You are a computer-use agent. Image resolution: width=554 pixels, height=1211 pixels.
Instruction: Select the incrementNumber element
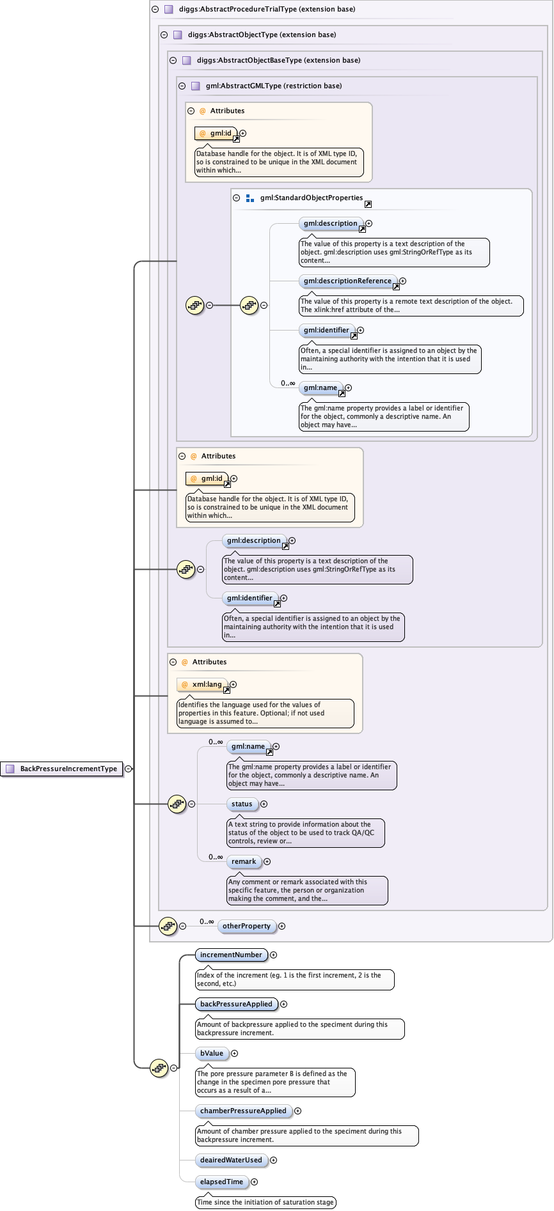click(231, 955)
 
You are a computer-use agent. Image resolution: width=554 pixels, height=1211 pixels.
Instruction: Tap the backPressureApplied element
click(236, 1004)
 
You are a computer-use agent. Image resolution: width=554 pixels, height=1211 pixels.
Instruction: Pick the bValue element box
click(212, 1053)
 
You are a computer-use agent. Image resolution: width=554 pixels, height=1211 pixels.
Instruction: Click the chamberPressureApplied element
click(243, 1111)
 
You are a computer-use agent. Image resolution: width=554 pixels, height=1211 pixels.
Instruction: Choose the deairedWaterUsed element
click(231, 1160)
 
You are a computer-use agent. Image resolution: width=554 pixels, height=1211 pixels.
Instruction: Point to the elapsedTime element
click(221, 1182)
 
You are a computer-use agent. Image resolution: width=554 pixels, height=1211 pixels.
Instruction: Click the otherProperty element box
click(246, 926)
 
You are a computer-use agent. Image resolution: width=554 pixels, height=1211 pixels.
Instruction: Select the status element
click(242, 804)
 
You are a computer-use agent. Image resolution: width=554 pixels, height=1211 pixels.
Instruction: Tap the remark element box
click(244, 861)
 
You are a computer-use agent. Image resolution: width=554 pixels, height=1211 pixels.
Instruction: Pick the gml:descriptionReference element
click(347, 281)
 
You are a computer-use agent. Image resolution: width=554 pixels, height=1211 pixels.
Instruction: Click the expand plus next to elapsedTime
click(255, 1182)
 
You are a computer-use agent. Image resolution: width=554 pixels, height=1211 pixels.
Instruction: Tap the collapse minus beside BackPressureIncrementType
click(129, 769)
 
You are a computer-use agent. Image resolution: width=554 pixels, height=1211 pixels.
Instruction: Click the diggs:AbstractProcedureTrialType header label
click(267, 9)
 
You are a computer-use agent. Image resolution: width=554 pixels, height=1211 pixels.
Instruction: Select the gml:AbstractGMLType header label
click(273, 86)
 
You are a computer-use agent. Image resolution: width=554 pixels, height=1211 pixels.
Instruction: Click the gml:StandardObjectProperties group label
click(311, 198)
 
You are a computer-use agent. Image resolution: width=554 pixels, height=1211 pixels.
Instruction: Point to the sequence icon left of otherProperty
click(168, 926)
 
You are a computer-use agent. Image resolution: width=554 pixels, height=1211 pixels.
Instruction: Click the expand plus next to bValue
click(235, 1054)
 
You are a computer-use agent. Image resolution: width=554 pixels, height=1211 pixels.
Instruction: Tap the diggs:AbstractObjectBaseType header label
click(278, 60)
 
